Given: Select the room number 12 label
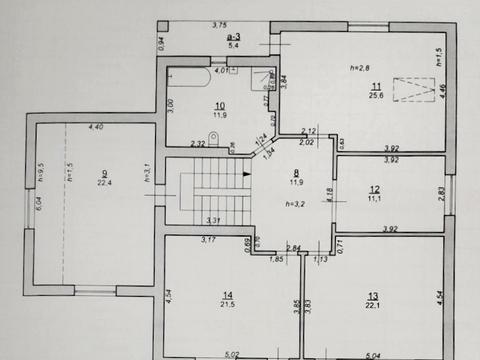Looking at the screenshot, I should [373, 189].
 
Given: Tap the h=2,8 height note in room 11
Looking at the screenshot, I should [360, 67].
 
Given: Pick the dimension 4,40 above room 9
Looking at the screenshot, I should [96, 127].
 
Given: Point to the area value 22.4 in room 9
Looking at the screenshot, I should [103, 183].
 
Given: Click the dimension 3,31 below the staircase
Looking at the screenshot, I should [213, 219].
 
